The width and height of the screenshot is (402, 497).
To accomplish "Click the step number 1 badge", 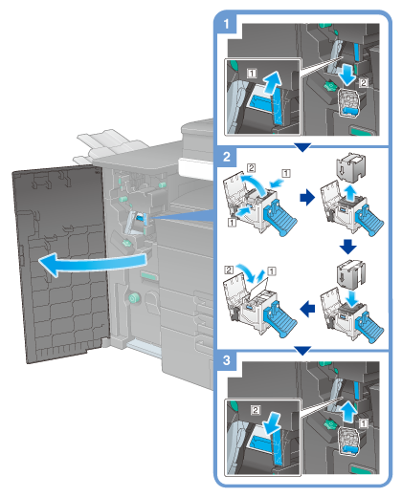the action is point(226,24).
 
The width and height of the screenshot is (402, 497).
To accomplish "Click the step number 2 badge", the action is point(227,157).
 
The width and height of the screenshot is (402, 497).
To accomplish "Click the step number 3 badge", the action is point(227,360).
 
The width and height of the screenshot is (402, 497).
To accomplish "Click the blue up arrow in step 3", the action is point(347,412).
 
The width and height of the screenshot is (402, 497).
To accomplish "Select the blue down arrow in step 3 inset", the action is point(272,423).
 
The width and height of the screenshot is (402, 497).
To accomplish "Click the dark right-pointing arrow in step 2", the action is point(307,198).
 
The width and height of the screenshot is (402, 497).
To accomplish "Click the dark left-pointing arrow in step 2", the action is point(307,309).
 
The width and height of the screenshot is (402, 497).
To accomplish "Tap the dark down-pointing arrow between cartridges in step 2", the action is point(348,247).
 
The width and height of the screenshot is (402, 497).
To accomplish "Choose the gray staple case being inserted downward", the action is point(350,274).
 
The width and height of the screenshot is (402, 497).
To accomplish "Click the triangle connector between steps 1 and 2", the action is point(302,147).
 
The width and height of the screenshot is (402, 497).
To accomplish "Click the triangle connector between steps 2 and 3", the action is point(302,351).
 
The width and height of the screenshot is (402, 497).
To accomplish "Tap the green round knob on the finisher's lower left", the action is point(134,298).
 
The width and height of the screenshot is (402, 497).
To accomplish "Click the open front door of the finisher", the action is point(60,265).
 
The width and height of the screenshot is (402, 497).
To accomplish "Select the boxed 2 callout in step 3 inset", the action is point(256,410).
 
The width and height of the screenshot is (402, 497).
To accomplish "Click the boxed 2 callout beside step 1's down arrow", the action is point(364,83).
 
